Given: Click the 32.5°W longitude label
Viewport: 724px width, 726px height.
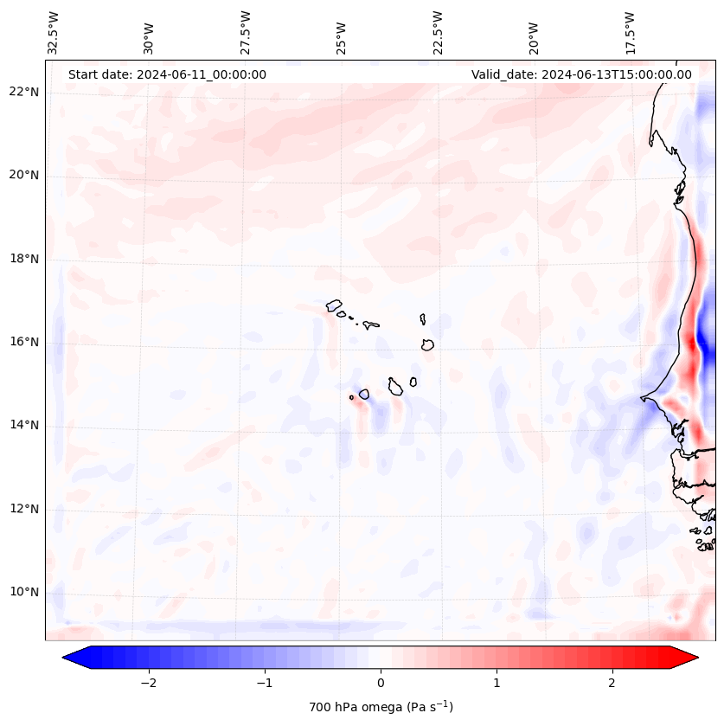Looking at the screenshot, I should tap(54, 33).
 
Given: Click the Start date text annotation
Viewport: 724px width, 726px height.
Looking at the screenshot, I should tap(167, 74).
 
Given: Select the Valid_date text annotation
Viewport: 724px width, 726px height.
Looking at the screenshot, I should tap(581, 74).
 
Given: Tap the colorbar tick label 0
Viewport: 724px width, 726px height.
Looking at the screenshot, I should tap(381, 683).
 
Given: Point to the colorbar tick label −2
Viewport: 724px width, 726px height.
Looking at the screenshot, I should tap(148, 683).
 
